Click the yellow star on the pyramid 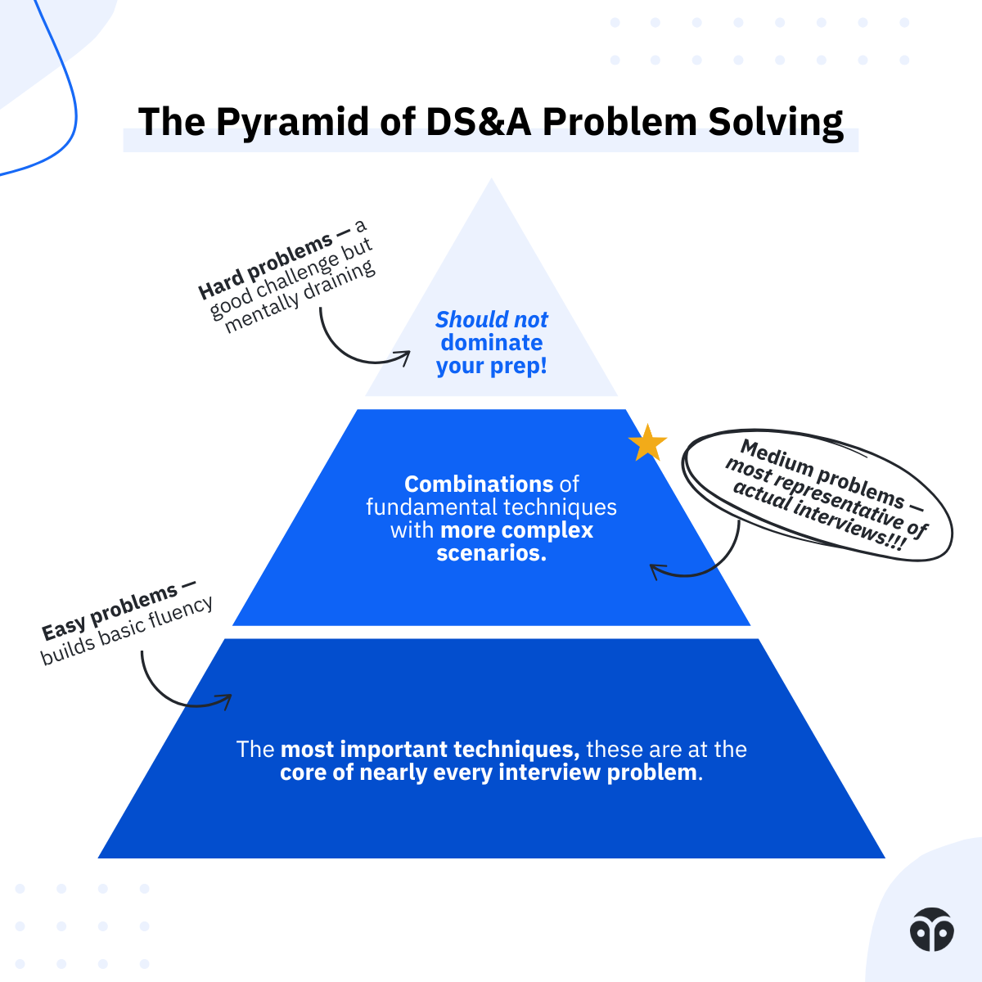pos(647,443)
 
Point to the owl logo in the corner pos(931,929)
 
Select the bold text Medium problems pos(823,474)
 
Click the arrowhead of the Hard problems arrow pos(403,356)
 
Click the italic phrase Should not pos(491,319)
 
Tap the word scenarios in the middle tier pos(489,553)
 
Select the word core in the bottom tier pos(304,773)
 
